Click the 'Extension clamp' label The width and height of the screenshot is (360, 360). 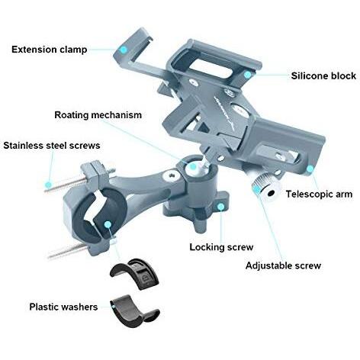click(x=50, y=50)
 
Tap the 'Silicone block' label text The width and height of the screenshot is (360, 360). click(x=323, y=76)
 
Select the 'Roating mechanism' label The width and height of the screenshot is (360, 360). click(x=98, y=115)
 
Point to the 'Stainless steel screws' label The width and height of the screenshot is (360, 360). click(x=52, y=146)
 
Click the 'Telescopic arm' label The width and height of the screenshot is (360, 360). click(x=319, y=194)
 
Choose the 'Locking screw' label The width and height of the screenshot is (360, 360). click(x=221, y=247)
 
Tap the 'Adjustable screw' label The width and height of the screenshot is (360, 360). click(x=283, y=265)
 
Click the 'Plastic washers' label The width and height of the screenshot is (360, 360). click(x=63, y=307)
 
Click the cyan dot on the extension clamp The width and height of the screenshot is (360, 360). click(x=124, y=50)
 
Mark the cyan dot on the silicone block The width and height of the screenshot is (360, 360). click(x=247, y=75)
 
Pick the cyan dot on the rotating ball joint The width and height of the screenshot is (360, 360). click(x=193, y=166)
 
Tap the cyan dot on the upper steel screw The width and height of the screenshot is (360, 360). click(x=48, y=185)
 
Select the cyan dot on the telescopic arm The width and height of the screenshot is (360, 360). click(x=310, y=169)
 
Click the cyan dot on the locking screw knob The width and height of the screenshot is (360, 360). click(x=221, y=207)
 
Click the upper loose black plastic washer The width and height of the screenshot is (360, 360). click(x=134, y=275)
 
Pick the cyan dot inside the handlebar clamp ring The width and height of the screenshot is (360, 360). click(x=108, y=224)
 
